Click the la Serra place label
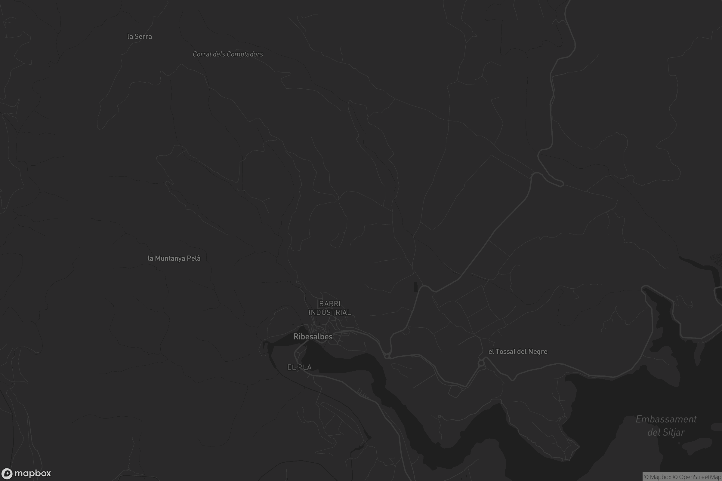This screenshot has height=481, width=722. (x=139, y=36)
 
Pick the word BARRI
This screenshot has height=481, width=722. (x=330, y=304)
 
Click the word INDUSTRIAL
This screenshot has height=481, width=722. (x=330, y=312)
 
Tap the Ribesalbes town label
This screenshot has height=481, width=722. (x=313, y=337)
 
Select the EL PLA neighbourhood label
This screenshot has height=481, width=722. (x=299, y=367)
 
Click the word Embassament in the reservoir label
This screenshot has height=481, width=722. (x=666, y=419)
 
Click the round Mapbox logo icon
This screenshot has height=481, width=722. (x=7, y=473)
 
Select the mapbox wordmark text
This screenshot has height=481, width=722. (x=32, y=473)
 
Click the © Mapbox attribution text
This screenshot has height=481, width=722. (x=658, y=477)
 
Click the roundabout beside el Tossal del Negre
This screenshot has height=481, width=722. (x=481, y=363)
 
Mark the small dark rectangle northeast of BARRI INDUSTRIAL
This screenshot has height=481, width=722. (x=416, y=287)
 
